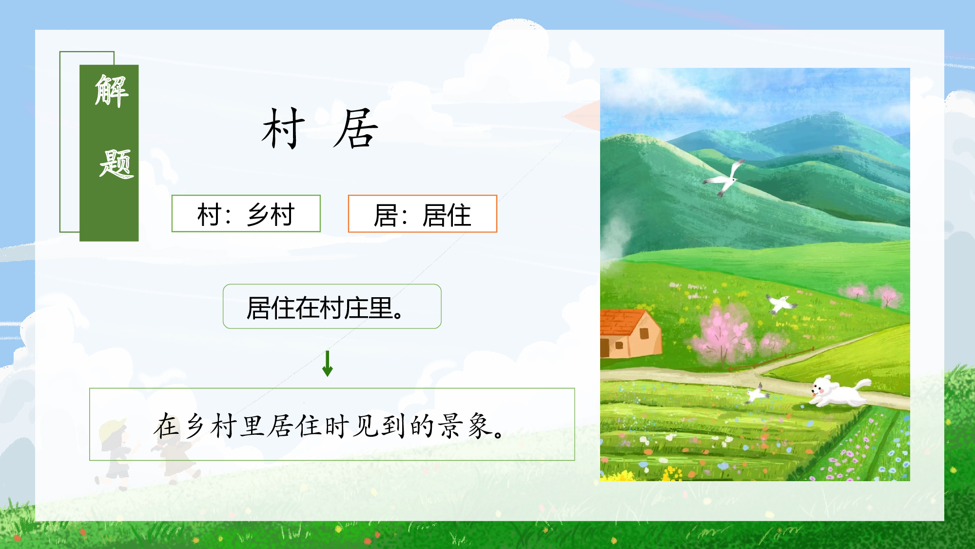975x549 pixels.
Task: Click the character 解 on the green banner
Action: pos(112,91)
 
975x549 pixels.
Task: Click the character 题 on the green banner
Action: pos(116,164)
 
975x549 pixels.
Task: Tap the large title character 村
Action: pos(283,129)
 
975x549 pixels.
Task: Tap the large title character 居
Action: pos(356,129)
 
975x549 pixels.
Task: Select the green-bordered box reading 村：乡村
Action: pos(246,214)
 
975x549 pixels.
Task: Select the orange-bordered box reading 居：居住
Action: pos(422,214)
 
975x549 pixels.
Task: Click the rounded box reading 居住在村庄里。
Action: pos(332,306)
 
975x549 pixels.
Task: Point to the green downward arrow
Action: pos(328,364)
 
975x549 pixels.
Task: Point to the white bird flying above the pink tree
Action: pos(781,304)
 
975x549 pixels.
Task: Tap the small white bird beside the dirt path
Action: pos(757,393)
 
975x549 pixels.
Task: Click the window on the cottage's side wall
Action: pos(644,334)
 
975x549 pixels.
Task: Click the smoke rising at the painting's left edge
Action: pos(615,239)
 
